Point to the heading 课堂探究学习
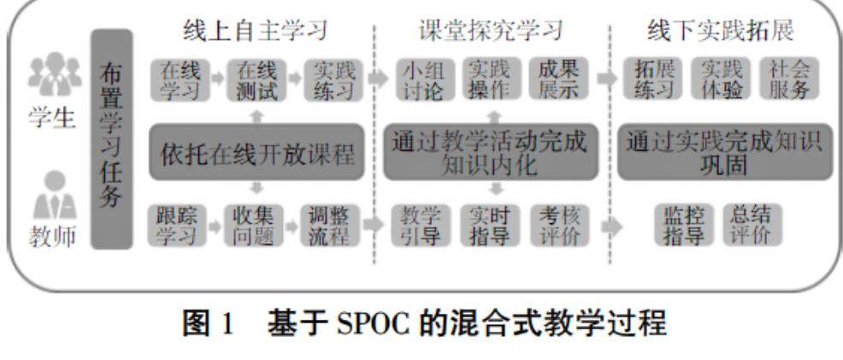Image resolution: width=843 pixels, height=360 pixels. click(x=491, y=31)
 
